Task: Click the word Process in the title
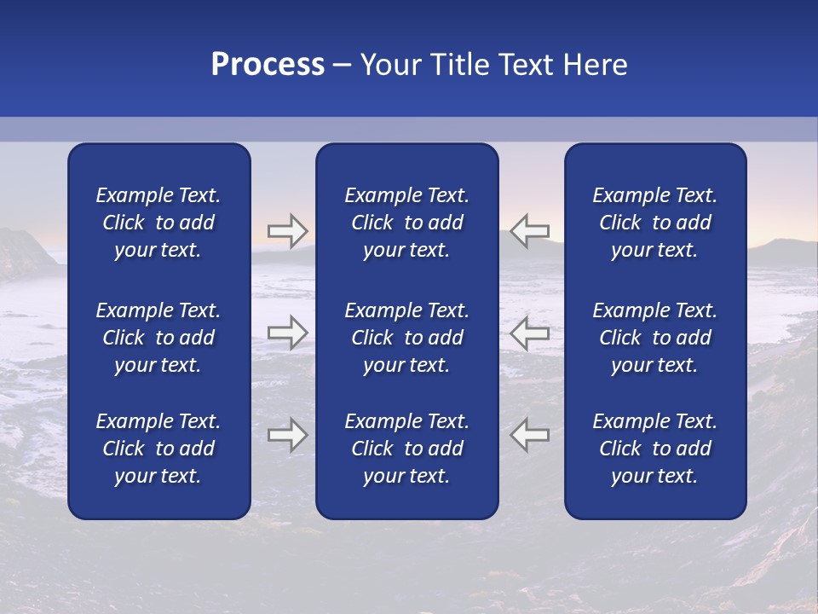[268, 65]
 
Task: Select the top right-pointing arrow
[287, 231]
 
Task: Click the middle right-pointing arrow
[287, 333]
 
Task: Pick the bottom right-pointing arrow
[287, 434]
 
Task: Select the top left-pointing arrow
[530, 231]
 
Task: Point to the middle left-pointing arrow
[530, 333]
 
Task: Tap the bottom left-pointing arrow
[530, 434]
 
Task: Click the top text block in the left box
[158, 223]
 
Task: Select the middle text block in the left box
[158, 338]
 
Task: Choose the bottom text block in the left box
[158, 449]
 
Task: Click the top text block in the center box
[406, 223]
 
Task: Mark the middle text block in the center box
[406, 338]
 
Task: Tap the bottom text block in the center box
[406, 449]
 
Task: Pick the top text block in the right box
[654, 223]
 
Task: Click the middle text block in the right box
[654, 338]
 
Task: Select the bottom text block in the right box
[654, 449]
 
